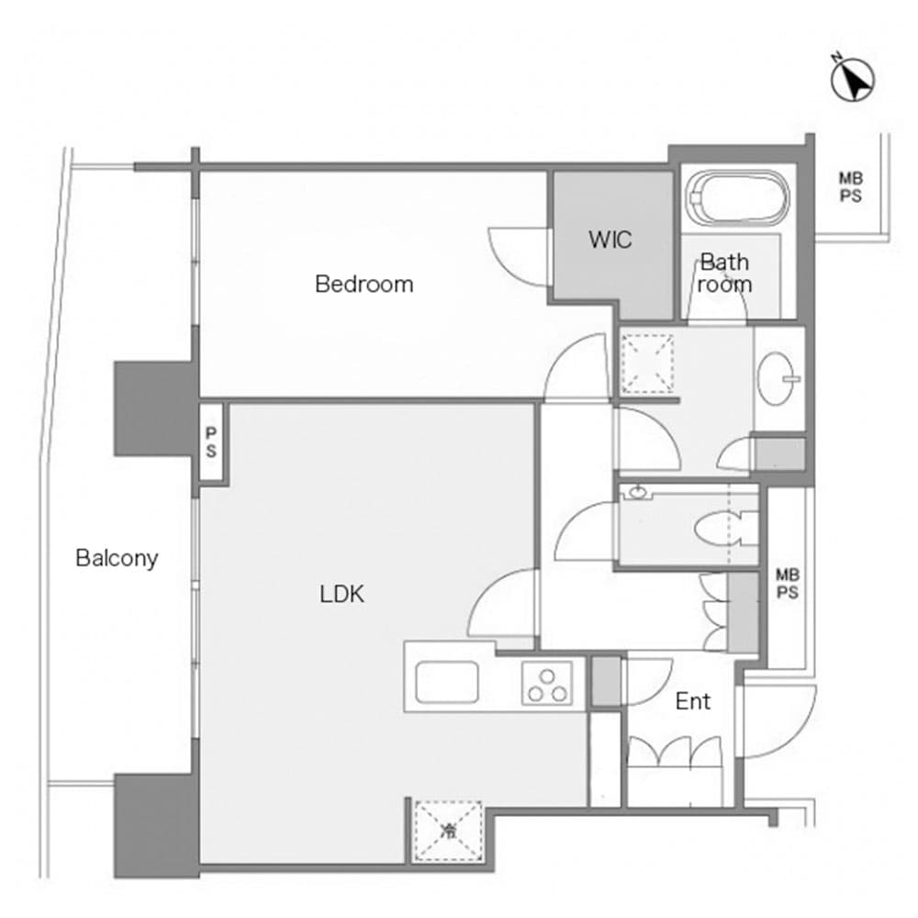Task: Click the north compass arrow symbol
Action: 853,80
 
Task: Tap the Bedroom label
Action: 364,285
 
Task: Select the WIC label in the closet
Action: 610,241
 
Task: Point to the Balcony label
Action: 117,557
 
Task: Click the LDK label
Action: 341,595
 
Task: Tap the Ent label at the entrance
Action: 692,702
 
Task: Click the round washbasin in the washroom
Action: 778,377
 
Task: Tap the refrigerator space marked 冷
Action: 448,832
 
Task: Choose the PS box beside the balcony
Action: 211,442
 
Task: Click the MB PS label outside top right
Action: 850,188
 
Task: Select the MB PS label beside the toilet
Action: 787,584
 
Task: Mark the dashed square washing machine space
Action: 647,364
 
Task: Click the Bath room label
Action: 724,274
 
